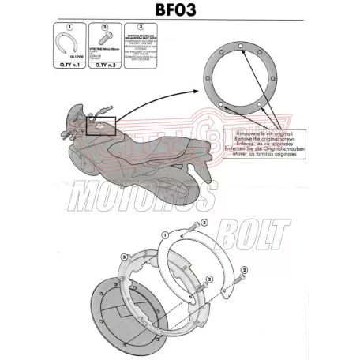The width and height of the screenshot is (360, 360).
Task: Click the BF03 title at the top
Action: click(180, 12)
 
